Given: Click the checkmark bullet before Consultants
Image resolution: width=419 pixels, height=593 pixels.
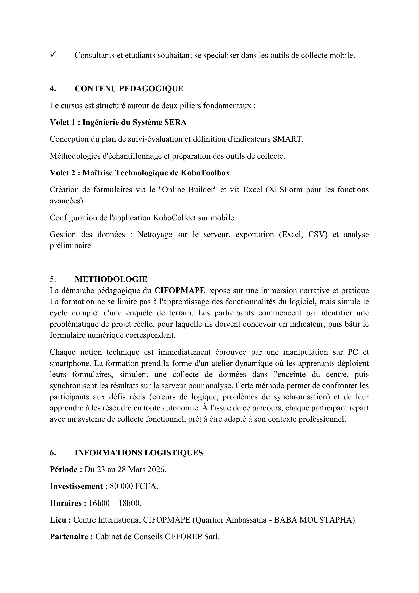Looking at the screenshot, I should tap(53, 55).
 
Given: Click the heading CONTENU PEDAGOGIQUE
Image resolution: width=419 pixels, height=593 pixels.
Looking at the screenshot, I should tap(129, 88).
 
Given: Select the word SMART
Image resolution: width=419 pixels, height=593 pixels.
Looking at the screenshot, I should tap(287, 139).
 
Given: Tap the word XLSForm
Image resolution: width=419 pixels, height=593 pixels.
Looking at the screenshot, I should tap(284, 190).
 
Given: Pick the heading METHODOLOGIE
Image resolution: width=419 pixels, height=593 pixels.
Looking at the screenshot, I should tap(111, 279).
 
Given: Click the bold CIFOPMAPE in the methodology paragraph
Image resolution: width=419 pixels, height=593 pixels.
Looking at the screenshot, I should tap(180, 291).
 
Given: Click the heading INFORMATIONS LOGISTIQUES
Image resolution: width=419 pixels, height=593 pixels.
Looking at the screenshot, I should tap(139, 453).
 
